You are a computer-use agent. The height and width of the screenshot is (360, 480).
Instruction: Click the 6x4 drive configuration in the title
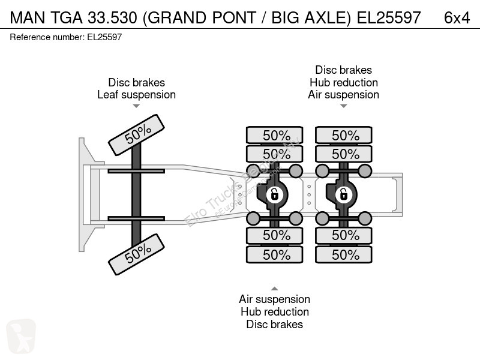(457, 18)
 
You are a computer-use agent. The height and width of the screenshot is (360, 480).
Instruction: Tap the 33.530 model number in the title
(112, 18)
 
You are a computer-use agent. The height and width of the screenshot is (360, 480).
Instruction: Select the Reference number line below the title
(66, 37)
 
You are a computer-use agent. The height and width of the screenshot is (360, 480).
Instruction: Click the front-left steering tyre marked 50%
(137, 135)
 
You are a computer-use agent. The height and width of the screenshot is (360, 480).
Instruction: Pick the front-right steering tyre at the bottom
(137, 254)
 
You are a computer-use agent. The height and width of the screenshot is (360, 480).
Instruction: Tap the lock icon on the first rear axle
(274, 194)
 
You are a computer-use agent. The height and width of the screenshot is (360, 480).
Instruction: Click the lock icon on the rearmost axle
(343, 194)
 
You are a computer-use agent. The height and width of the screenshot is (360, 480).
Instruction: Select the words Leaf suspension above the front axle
(137, 95)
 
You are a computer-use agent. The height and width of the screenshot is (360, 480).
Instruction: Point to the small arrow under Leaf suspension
(136, 106)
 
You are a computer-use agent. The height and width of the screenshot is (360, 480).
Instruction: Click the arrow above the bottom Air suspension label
(275, 289)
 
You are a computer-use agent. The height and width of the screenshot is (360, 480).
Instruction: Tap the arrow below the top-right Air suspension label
(343, 106)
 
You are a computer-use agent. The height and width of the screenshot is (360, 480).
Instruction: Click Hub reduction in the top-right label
(343, 82)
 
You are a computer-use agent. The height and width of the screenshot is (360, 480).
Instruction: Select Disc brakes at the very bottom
(275, 324)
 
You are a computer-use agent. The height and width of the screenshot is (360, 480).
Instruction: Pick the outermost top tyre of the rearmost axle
(343, 135)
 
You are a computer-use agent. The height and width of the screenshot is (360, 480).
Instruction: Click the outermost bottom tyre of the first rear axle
(275, 254)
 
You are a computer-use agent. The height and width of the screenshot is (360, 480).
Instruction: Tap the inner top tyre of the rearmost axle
(343, 154)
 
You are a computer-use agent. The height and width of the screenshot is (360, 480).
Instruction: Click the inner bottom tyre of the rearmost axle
(343, 235)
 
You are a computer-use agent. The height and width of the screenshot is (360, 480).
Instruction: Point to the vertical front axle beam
(136, 194)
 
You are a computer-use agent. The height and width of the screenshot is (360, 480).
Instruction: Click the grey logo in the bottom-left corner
(21, 336)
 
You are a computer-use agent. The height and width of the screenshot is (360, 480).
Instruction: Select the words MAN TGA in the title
(46, 18)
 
